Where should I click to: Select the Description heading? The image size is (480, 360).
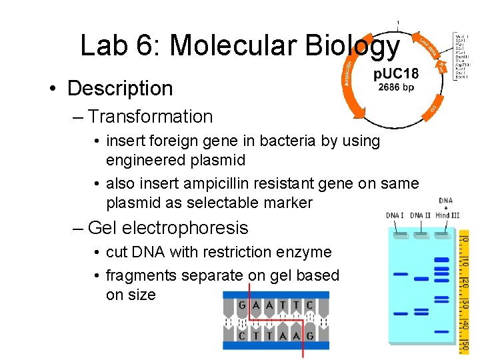(119, 88)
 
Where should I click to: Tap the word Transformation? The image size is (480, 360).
(150, 116)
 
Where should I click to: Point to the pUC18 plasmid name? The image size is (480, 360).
(396, 73)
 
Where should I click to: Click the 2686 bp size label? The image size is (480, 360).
(396, 86)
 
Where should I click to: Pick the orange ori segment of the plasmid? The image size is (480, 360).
(433, 107)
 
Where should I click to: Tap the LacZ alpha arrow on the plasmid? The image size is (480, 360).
(427, 45)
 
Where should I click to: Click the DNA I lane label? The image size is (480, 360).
(395, 215)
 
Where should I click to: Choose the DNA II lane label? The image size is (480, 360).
(420, 215)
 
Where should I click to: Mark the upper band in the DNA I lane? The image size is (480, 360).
(400, 273)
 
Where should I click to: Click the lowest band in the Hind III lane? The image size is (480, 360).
(441, 313)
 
